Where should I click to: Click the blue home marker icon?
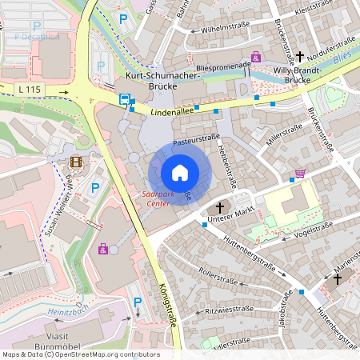(x=180, y=172)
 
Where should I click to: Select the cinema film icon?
(x=75, y=162)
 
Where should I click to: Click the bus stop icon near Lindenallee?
(x=126, y=100)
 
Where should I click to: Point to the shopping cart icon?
(x=300, y=173)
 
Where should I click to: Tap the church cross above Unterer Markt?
(x=219, y=206)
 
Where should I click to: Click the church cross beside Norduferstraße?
(x=300, y=57)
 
